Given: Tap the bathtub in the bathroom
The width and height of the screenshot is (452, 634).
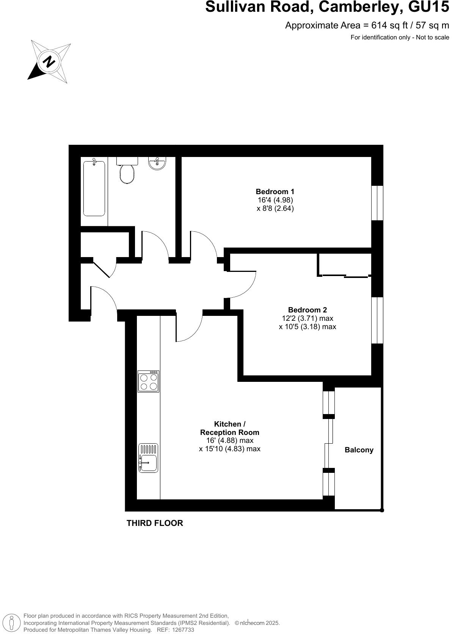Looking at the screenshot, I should pyautogui.click(x=94, y=188).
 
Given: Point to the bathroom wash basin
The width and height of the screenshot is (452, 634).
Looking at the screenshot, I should pyautogui.click(x=157, y=164).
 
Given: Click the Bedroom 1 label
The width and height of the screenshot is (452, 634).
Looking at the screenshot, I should pyautogui.click(x=275, y=191).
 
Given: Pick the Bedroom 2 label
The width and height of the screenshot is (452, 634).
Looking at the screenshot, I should pyautogui.click(x=307, y=310).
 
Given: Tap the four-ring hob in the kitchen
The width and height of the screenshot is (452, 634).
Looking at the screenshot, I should pyautogui.click(x=148, y=381).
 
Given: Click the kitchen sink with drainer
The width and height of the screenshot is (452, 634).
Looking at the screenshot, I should pyautogui.click(x=148, y=458).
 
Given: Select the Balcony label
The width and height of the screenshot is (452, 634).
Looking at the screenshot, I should pyautogui.click(x=359, y=450).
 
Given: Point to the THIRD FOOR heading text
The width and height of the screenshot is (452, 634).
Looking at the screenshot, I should pyautogui.click(x=155, y=523).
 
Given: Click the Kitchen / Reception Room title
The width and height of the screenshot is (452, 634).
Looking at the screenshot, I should pyautogui.click(x=229, y=428).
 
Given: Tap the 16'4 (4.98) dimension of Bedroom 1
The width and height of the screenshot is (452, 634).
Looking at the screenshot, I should pyautogui.click(x=275, y=200).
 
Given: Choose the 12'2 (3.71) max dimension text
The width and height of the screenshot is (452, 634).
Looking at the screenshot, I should pyautogui.click(x=307, y=318).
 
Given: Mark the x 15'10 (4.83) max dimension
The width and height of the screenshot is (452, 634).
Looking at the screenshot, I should pyautogui.click(x=229, y=449).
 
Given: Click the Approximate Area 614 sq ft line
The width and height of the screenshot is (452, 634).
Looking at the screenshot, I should pyautogui.click(x=367, y=25).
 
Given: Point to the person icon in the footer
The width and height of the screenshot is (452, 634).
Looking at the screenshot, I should pyautogui.click(x=12, y=623).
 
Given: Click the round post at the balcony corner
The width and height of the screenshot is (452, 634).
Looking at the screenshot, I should pyautogui.click(x=382, y=510).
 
